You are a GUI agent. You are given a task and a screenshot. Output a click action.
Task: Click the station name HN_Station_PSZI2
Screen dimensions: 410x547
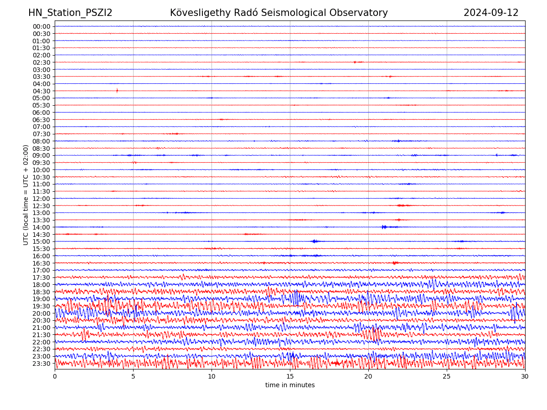pyautogui.click(x=70, y=13)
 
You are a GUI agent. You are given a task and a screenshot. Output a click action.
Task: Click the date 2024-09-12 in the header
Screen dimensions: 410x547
pyautogui.click(x=491, y=13)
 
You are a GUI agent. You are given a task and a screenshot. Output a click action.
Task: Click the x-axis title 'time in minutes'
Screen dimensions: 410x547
pyautogui.click(x=290, y=385)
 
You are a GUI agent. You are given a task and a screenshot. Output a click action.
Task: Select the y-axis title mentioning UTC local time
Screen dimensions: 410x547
pyautogui.click(x=26, y=195)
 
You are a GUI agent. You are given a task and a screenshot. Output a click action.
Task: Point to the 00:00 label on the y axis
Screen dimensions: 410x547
pyautogui.click(x=41, y=26)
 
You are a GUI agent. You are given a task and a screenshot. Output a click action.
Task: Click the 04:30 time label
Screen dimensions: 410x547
pyautogui.click(x=41, y=91)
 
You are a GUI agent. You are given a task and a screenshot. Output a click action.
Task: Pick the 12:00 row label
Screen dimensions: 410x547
pyautogui.click(x=41, y=199)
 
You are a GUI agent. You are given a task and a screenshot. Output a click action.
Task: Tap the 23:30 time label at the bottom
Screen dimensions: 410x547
pyautogui.click(x=41, y=364)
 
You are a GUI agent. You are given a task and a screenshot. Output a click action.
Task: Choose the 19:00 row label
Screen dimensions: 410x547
pyautogui.click(x=41, y=299)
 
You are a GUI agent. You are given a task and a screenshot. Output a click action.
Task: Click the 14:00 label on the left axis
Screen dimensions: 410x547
pyautogui.click(x=41, y=227)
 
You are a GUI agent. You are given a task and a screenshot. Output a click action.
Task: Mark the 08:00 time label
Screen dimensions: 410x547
pyautogui.click(x=41, y=141)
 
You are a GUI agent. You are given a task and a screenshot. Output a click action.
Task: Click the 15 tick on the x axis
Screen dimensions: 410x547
pyautogui.click(x=290, y=376)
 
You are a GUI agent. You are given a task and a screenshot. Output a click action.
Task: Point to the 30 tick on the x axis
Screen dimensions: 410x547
pyautogui.click(x=525, y=376)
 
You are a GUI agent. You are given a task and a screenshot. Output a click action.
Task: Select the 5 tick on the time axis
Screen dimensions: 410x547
pyautogui.click(x=133, y=376)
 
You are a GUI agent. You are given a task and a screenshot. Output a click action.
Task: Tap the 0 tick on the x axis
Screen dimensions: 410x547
pyautogui.click(x=55, y=376)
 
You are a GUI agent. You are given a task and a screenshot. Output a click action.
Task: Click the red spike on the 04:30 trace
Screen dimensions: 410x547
pyautogui.click(x=117, y=91)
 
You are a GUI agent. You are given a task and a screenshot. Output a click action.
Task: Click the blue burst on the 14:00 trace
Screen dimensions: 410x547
pyautogui.click(x=384, y=227)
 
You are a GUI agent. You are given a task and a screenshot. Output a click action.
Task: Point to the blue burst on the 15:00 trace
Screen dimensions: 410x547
pyautogui.click(x=315, y=241)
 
